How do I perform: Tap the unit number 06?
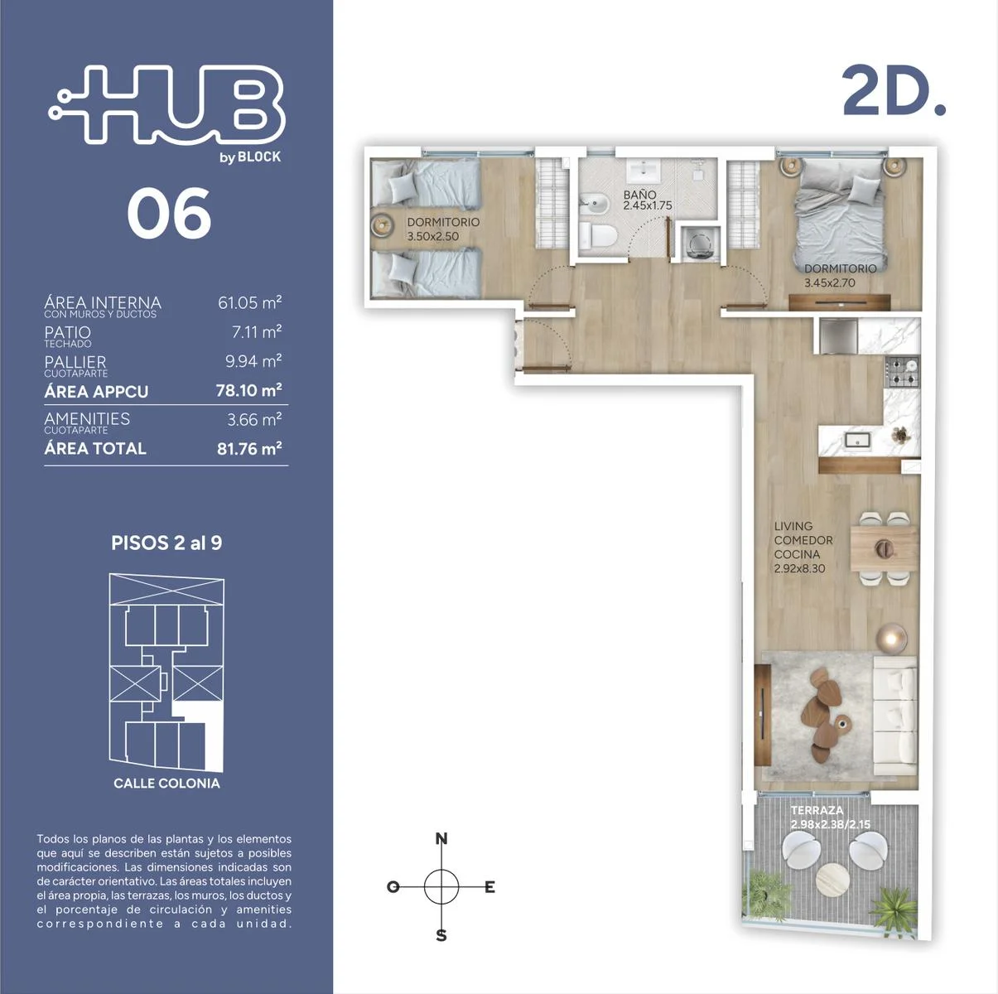(169, 214)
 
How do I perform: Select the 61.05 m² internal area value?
(249, 302)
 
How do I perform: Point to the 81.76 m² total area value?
(249, 448)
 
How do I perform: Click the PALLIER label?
(75, 361)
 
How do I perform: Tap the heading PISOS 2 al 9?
(166, 543)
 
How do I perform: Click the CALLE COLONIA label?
(166, 783)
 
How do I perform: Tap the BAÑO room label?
(639, 195)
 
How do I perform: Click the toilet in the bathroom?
(598, 237)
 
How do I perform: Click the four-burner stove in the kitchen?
(902, 372)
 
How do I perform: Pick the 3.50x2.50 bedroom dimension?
(433, 237)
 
